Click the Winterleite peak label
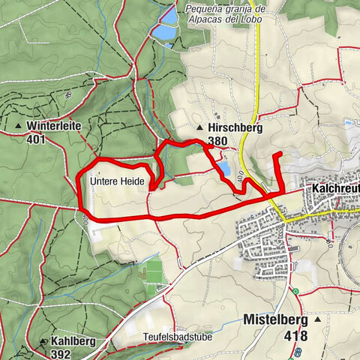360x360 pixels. [x=52, y=125]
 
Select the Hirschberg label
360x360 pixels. [x=234, y=128]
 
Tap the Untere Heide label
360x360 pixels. [x=115, y=181]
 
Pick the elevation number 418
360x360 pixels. [x=295, y=335]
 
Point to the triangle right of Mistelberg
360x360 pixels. [x=318, y=319]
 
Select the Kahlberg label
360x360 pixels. [x=74, y=341]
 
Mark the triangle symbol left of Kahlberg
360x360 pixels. [x=43, y=341]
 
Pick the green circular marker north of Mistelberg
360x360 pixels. [x=296, y=292]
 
